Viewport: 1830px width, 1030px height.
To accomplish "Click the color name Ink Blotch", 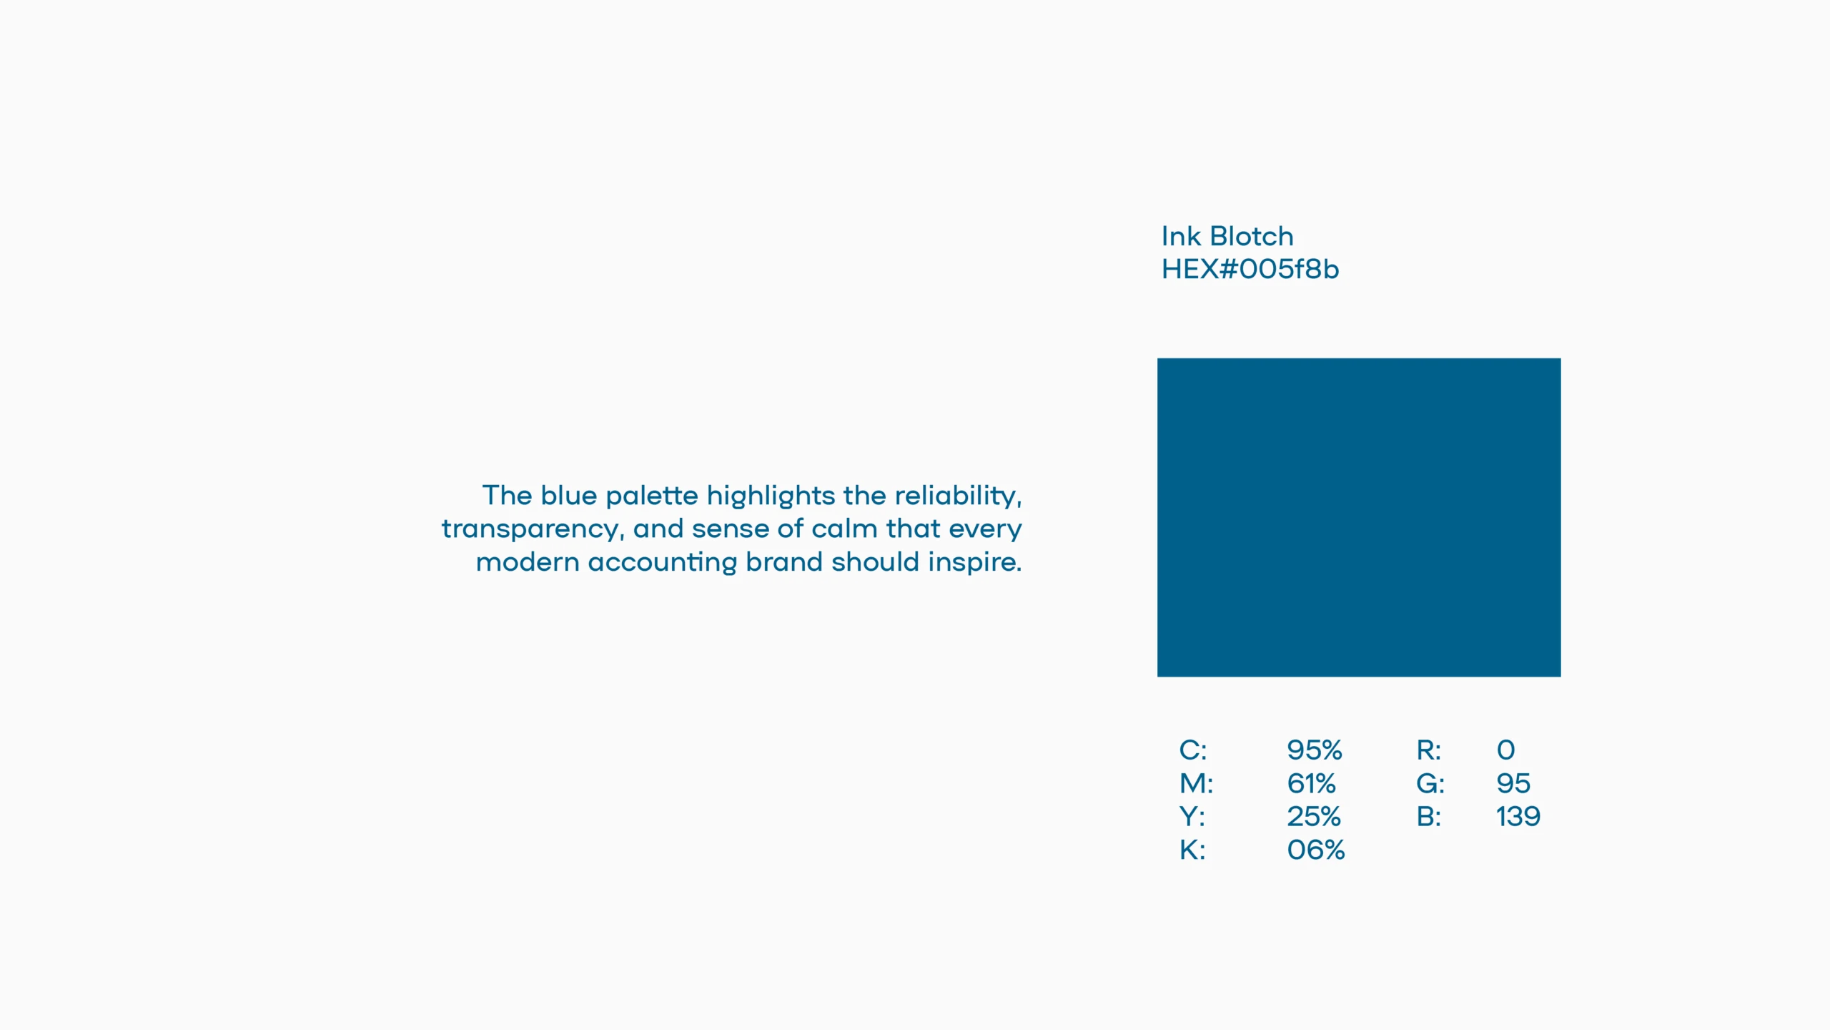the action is pyautogui.click(x=1227, y=236).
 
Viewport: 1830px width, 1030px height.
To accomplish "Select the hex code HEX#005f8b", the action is pyautogui.click(x=1250, y=269).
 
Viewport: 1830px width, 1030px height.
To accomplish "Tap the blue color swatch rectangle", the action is pyautogui.click(x=1359, y=517).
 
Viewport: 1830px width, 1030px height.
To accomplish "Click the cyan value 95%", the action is pyautogui.click(x=1315, y=750).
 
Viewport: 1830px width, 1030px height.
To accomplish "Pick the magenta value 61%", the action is pyautogui.click(x=1312, y=783).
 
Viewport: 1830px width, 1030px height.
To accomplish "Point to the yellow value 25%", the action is pyautogui.click(x=1314, y=816).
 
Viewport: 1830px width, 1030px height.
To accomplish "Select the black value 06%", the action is pyautogui.click(x=1316, y=850).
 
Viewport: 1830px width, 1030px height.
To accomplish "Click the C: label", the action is pyautogui.click(x=1193, y=750).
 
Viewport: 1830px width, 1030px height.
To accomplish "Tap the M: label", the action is pyautogui.click(x=1197, y=783).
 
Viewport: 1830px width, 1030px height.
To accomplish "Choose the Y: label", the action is pyautogui.click(x=1192, y=816).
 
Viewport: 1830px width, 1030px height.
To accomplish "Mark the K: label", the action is pyautogui.click(x=1192, y=850).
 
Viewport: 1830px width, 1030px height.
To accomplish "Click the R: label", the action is pyautogui.click(x=1429, y=750).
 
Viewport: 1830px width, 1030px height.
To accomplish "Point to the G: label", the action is pyautogui.click(x=1430, y=783).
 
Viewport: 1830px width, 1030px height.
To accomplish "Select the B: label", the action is pyautogui.click(x=1429, y=816).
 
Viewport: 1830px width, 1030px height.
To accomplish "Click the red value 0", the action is pyautogui.click(x=1506, y=750).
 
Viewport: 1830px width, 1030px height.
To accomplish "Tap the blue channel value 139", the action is pyautogui.click(x=1518, y=816).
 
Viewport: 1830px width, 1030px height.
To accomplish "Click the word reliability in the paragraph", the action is pyautogui.click(x=959, y=496).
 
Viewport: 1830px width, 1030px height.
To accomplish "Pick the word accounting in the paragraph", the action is pyautogui.click(x=663, y=563).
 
